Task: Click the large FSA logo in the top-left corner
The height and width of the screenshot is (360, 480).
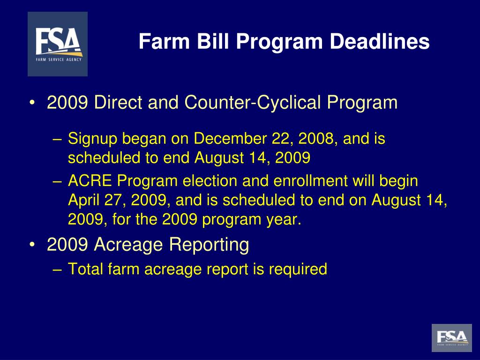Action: click(58, 44)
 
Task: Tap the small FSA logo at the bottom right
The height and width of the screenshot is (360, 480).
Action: click(452, 337)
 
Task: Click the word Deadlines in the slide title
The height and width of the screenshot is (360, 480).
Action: click(379, 42)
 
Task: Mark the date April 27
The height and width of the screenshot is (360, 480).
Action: click(97, 200)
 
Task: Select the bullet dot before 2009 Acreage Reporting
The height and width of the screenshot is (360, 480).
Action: click(32, 245)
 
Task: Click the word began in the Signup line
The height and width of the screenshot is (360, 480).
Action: click(141, 139)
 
